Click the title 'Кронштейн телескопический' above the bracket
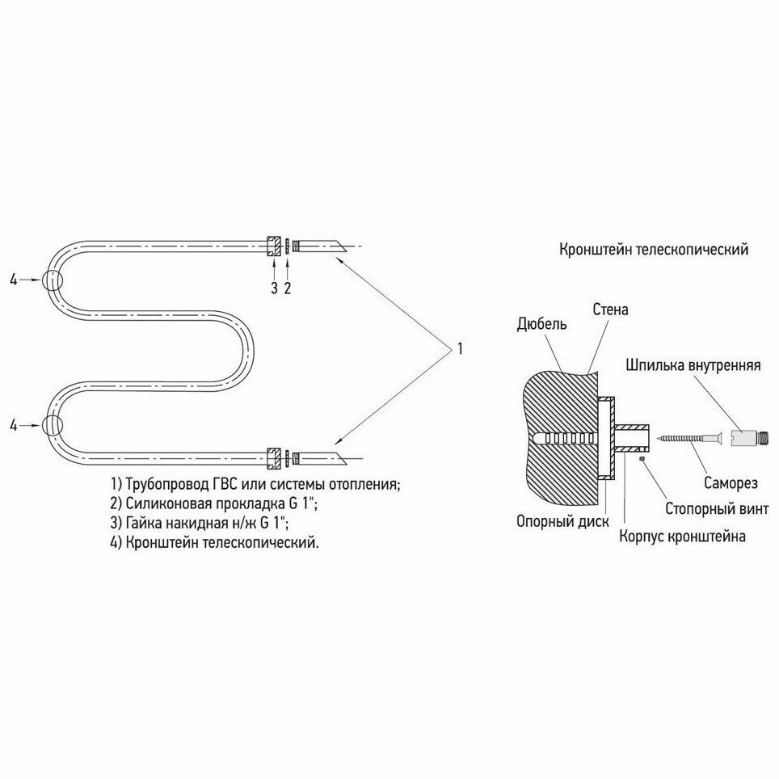tap(653, 249)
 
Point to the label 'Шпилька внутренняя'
tap(693, 364)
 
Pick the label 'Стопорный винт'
tap(711, 510)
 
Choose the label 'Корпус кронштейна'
tap(682, 536)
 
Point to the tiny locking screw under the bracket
tap(641, 459)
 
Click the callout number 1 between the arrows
tap(459, 349)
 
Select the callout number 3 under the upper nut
tap(274, 288)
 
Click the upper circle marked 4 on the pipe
tap(53, 280)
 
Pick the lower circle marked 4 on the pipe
tap(53, 425)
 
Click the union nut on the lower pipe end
tap(273, 458)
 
